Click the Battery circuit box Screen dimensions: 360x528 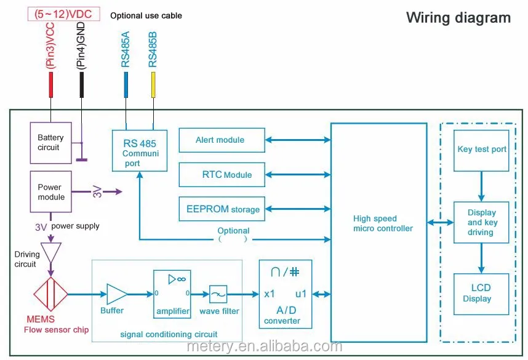pos(50,142)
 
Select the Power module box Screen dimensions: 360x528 pos(50,192)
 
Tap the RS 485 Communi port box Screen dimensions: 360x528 pos(139,150)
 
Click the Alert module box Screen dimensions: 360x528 pos(222,140)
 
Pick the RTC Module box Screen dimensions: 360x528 pos(222,174)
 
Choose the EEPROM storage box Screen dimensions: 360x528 pos(222,209)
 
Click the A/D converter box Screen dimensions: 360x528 pos(285,294)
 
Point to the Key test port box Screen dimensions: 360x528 pos(481,150)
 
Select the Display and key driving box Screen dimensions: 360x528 pos(481,222)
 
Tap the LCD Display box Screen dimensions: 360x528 pos(481,294)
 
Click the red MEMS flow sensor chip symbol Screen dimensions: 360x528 pos(50,295)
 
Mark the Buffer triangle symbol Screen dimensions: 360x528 pos(117,294)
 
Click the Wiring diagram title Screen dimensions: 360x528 pos(458,17)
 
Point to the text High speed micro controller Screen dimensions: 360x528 pos(383,223)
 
